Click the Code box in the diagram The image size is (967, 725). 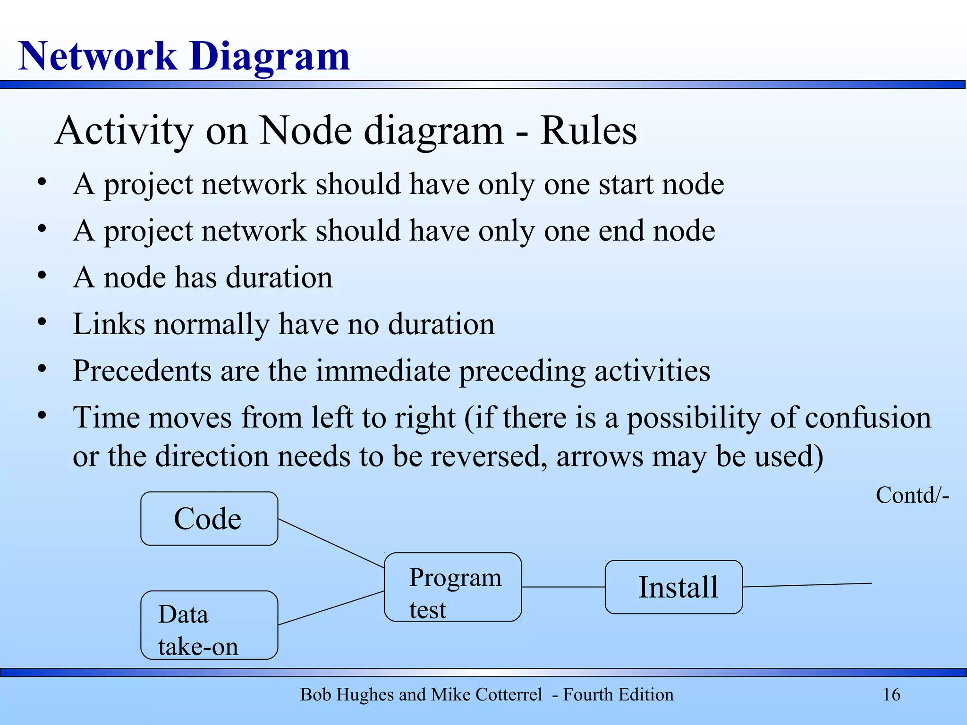click(x=209, y=519)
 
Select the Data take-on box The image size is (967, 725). click(x=209, y=625)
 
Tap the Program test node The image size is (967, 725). click(x=453, y=587)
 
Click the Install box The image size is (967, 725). click(x=673, y=587)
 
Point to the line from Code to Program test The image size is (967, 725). click(x=331, y=543)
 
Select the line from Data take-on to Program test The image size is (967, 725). click(x=331, y=608)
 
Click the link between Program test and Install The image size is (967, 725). click(x=563, y=587)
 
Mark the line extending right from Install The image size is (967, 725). click(x=807, y=585)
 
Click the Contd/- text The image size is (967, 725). click(x=912, y=496)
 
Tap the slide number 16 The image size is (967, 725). click(x=891, y=695)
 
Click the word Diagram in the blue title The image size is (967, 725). click(x=270, y=57)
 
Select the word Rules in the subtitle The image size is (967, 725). click(x=588, y=131)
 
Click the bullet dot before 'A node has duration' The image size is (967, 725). click(x=42, y=275)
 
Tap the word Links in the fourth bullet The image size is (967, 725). click(x=109, y=324)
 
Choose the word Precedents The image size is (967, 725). click(x=142, y=371)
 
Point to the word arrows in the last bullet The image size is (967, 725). click(x=600, y=457)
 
